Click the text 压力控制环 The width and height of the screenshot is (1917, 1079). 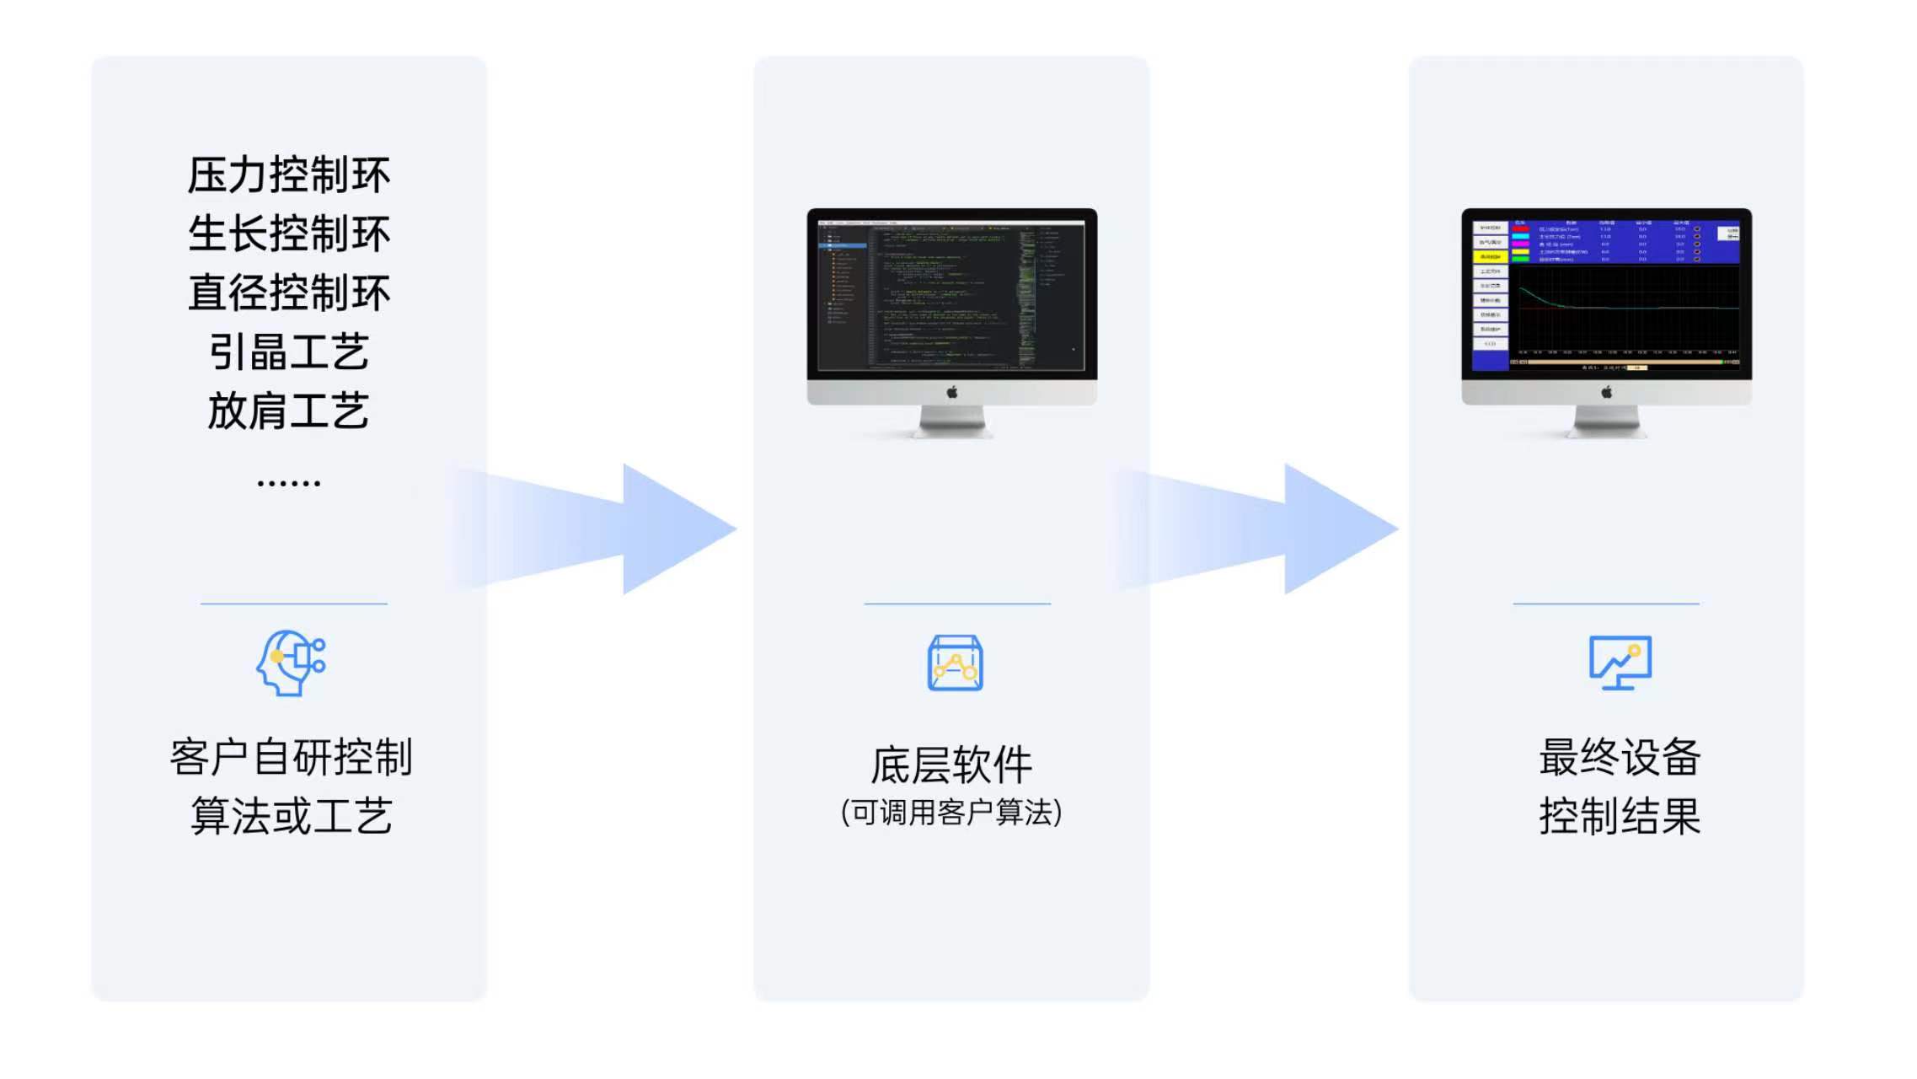tap(288, 175)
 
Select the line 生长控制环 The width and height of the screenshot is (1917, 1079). tap(288, 234)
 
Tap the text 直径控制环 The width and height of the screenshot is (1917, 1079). tap(288, 293)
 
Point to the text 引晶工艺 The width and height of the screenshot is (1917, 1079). tap(288, 352)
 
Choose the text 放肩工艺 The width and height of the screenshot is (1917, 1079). tap(288, 411)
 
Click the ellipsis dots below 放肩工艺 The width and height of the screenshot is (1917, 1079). tap(288, 483)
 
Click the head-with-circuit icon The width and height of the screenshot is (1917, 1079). tap(291, 663)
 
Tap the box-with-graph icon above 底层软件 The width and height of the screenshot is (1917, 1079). tap(955, 663)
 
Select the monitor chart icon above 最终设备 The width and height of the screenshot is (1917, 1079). tap(1620, 663)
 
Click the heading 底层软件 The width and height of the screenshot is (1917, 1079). tap(951, 765)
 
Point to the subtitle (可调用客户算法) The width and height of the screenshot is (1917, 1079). tap(951, 813)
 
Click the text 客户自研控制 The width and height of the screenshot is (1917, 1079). tap(291, 757)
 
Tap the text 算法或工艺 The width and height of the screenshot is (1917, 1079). tap(291, 816)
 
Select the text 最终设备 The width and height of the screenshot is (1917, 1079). tap(1620, 757)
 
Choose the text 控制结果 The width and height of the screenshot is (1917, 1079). tap(1620, 816)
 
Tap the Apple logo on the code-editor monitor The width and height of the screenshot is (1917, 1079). tap(952, 392)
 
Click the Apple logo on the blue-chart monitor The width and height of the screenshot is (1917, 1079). tap(1607, 392)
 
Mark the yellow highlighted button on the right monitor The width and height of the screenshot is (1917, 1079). tap(1490, 256)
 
